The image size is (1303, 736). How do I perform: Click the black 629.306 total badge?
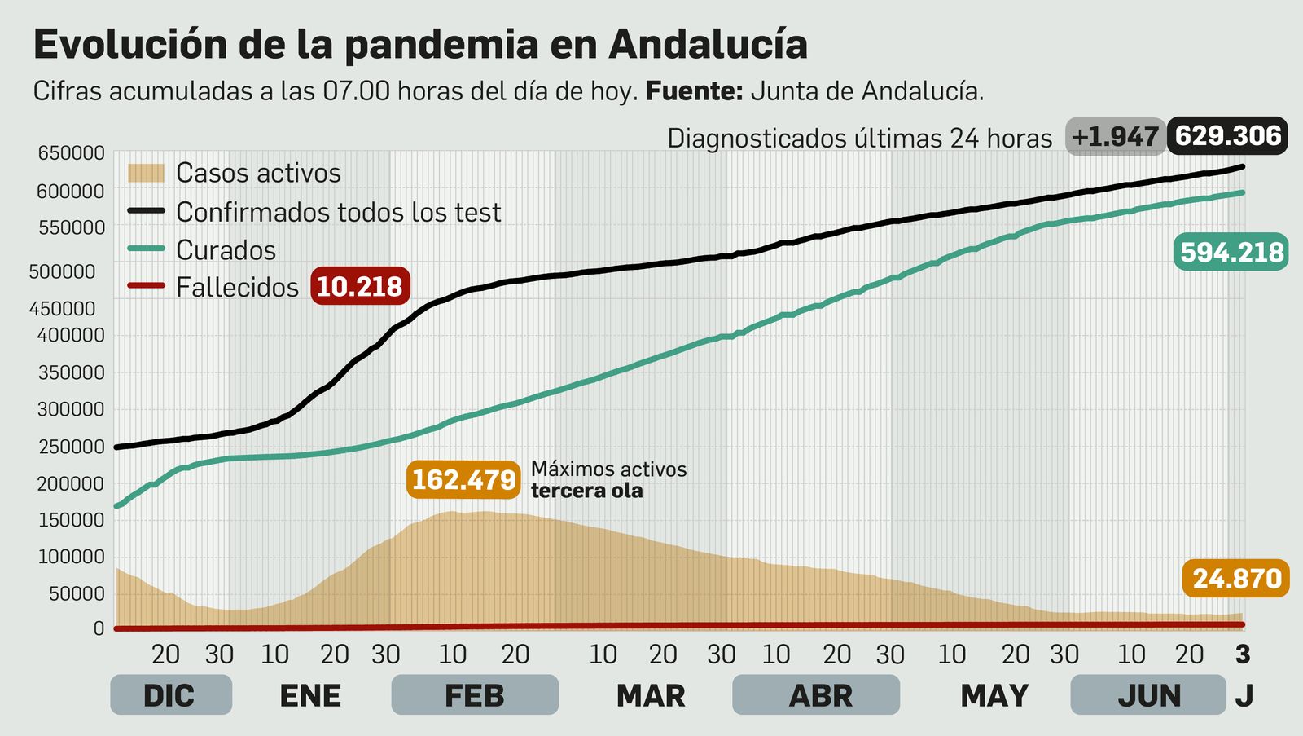tap(1227, 136)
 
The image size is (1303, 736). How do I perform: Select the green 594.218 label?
tap(1231, 253)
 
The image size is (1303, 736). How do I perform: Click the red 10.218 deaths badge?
tap(359, 287)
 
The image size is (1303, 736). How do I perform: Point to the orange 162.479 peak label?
tap(463, 479)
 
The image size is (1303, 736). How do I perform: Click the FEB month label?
tap(475, 695)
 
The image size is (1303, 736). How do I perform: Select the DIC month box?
tap(170, 695)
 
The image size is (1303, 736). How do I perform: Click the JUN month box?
tap(1148, 695)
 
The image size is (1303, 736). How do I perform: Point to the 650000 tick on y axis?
tap(71, 153)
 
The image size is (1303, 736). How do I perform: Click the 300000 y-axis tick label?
tap(71, 410)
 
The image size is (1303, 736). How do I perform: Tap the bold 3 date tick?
tap(1242, 654)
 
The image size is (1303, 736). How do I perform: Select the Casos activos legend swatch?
tap(147, 173)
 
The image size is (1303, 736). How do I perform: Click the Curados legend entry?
tap(226, 250)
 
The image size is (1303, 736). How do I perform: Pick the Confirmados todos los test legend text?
tap(338, 212)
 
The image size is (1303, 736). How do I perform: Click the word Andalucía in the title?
tap(708, 44)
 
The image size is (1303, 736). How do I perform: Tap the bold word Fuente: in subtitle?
tap(694, 91)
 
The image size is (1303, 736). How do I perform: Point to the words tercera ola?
tap(586, 491)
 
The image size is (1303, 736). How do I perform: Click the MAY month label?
tap(994, 695)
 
